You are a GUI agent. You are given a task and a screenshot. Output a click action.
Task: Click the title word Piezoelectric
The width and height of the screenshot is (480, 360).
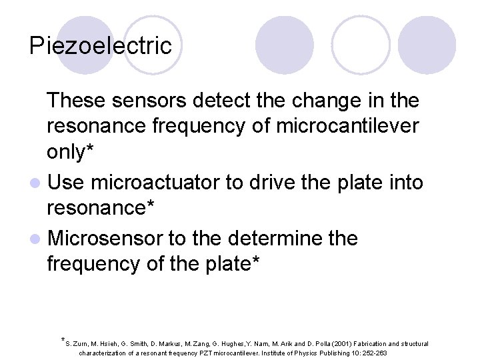coord(101,46)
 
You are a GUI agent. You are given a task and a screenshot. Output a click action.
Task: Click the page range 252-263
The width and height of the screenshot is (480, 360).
coord(373,353)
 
